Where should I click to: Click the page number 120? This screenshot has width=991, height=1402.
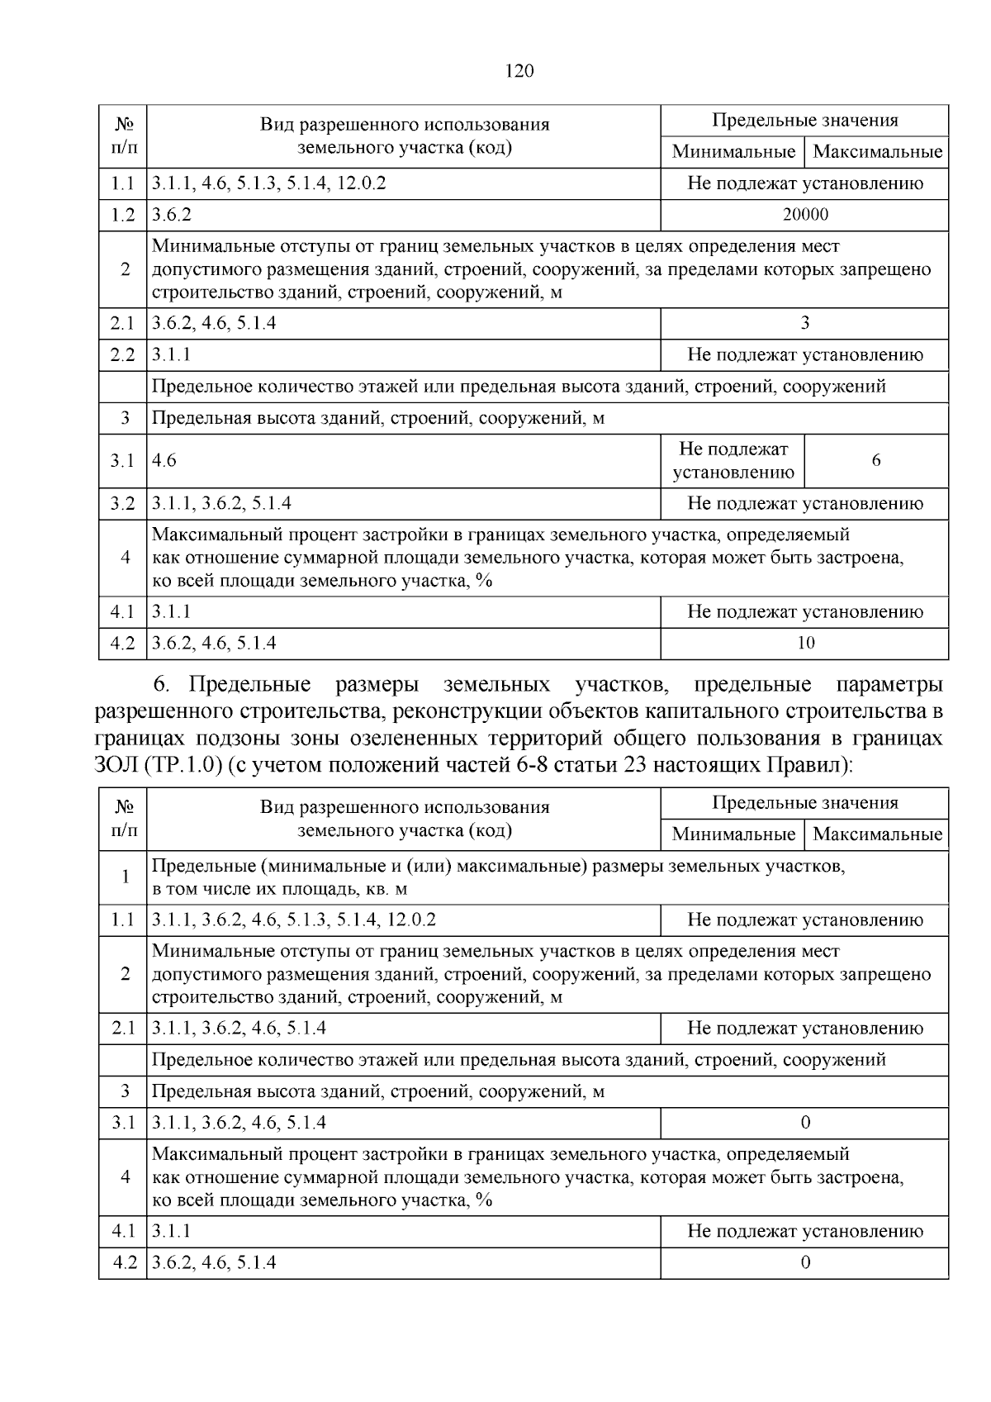pos(519,70)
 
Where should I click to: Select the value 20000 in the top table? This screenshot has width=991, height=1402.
pos(805,215)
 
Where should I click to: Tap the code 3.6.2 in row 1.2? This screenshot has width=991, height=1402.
pos(173,215)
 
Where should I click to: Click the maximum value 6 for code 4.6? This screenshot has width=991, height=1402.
pos(876,460)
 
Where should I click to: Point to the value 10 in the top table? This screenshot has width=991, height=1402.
pos(805,643)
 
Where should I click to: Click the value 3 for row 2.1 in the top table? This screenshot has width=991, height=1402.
pos(805,323)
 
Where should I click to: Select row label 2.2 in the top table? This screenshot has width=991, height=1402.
pos(122,355)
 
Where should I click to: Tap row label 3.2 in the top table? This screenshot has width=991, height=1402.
pos(122,503)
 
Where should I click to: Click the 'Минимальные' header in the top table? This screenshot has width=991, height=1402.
pos(733,152)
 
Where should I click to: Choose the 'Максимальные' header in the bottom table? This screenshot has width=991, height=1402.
pos(877,834)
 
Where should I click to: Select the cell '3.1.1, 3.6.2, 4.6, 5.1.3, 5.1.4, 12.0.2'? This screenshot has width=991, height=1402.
pos(295,920)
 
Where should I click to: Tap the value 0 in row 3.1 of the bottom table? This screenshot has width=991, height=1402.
pos(805,1122)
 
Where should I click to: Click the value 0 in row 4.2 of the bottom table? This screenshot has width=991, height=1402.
pos(805,1262)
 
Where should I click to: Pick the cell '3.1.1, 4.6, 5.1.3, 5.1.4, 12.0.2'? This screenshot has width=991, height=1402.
pos(269,183)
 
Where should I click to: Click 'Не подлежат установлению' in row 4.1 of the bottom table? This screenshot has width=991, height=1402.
pos(805,1231)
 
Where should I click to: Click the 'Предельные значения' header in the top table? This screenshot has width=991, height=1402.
pos(805,121)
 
